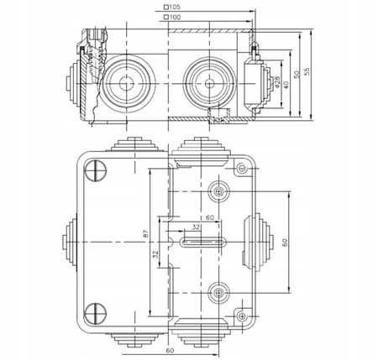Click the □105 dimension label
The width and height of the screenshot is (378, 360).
173,7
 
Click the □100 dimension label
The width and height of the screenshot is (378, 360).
173,17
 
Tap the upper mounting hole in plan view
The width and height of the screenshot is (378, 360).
219,192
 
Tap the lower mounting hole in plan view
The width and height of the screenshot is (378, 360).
219,293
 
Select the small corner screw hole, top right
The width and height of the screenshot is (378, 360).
244,169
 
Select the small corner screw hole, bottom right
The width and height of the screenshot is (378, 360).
244,316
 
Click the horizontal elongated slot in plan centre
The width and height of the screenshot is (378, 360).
202,243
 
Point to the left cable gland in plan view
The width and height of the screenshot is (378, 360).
66,243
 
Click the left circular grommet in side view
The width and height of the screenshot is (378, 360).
124,84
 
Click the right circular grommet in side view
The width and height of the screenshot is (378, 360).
204,84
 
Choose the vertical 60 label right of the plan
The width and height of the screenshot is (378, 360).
285,243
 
